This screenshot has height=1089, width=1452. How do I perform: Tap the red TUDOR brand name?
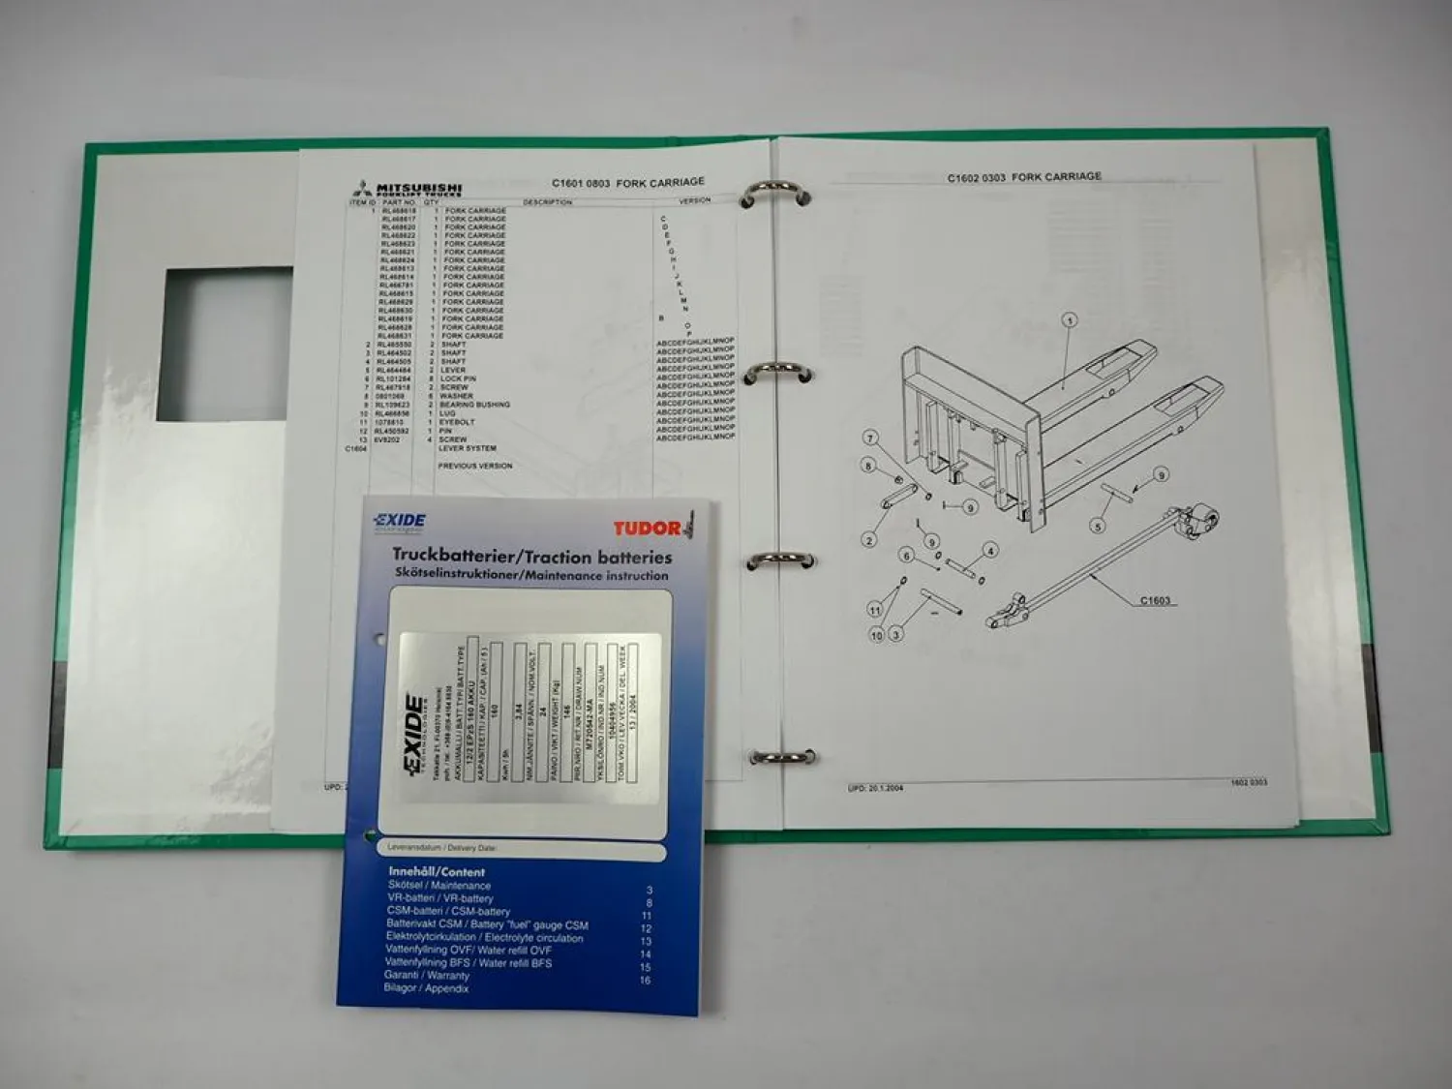click(647, 529)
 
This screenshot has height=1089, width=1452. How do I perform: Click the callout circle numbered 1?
click(1069, 320)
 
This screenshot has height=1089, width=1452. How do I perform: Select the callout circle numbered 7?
click(870, 439)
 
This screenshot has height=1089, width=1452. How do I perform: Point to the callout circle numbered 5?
click(1097, 527)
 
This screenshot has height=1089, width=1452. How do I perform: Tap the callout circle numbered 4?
click(990, 551)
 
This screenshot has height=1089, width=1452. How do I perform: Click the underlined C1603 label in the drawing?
click(1155, 600)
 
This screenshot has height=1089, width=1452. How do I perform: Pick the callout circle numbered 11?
click(875, 610)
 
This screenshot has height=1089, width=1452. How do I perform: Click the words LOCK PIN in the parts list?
click(458, 379)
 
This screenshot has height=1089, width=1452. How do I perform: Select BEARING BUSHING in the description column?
click(474, 405)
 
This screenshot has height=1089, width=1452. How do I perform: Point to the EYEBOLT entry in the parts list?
click(457, 422)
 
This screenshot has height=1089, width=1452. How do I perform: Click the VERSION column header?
click(694, 200)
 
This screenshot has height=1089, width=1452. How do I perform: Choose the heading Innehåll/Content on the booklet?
click(437, 871)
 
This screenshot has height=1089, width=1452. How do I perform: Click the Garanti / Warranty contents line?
click(426, 976)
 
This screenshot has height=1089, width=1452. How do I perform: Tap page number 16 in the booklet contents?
click(645, 981)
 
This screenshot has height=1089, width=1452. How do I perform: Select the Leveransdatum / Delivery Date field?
click(523, 849)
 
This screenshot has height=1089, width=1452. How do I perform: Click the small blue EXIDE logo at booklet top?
click(400, 522)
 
